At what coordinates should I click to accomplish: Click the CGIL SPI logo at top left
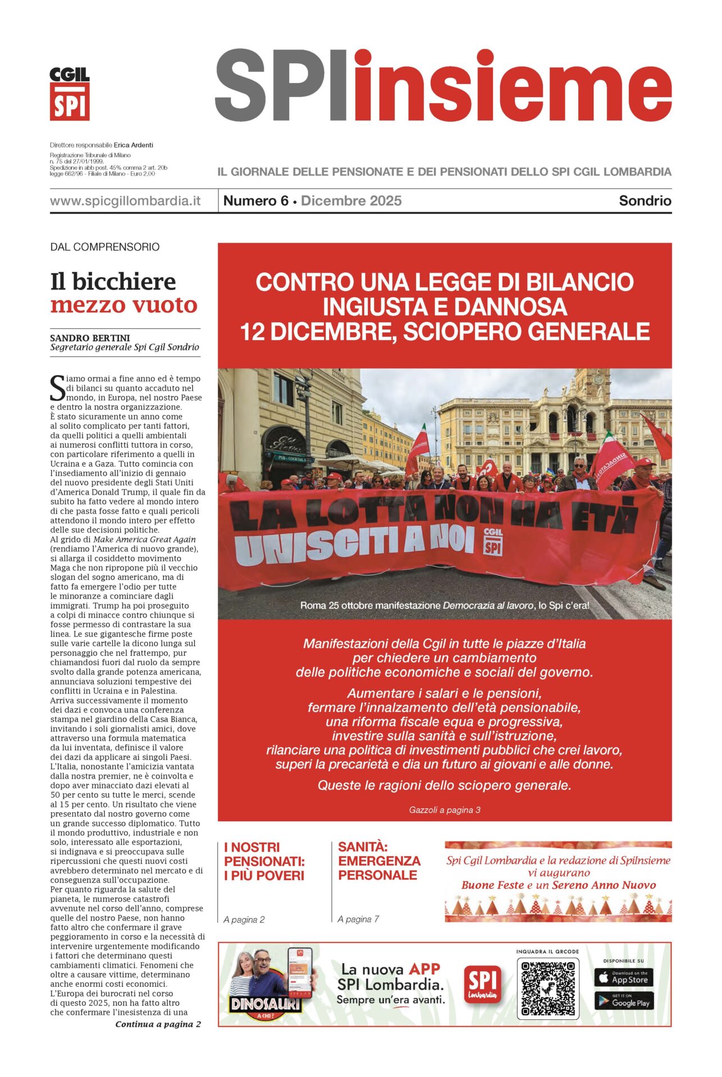70,94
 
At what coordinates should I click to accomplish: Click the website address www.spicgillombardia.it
125,201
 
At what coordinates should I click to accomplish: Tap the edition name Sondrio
645,201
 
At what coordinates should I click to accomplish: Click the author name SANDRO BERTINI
90,338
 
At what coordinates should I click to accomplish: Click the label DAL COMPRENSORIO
105,247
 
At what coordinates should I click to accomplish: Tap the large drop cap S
57,388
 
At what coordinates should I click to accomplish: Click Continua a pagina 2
158,1024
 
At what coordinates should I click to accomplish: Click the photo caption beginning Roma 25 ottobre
444,606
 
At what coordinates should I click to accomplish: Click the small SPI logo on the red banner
493,541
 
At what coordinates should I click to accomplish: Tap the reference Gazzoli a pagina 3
444,810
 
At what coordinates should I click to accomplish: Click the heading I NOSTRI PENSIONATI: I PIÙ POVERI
264,861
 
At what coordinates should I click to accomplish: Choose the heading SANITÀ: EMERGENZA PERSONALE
379,861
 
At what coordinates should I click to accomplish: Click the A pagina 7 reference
358,919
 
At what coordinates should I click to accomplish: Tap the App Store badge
623,978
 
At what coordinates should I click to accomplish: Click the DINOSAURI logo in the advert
265,1004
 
